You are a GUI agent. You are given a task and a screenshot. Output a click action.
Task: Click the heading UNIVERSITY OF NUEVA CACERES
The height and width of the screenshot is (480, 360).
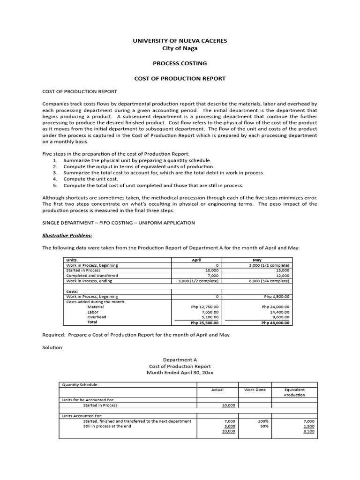[180, 41]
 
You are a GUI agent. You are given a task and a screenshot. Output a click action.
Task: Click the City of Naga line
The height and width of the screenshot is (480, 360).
[180, 48]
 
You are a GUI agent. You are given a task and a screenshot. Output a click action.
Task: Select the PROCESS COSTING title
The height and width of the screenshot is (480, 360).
[180, 63]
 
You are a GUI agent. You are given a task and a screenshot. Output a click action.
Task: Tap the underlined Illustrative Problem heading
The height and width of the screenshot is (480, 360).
[67, 235]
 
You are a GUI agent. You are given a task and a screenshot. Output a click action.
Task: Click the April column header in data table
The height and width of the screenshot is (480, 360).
[196, 260]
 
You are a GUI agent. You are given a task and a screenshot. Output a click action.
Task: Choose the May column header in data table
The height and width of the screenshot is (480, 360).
[257, 260]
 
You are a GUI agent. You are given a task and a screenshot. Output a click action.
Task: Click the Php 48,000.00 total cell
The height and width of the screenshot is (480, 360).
[275, 322]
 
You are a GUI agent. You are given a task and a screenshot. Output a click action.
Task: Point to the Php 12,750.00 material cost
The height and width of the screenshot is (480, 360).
[205, 307]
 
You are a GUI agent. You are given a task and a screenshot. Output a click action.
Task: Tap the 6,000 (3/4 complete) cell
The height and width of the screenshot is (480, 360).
[269, 281]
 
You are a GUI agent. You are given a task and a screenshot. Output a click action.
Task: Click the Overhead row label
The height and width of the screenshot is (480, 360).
[97, 317]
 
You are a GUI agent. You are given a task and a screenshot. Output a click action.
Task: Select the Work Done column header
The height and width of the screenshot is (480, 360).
[255, 390]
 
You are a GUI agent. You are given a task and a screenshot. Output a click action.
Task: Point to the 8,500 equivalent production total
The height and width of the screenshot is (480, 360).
[309, 431]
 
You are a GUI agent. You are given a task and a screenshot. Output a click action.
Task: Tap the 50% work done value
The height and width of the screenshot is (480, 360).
[263, 426]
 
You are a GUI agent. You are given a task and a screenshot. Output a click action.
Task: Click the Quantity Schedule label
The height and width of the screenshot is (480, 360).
[80, 384]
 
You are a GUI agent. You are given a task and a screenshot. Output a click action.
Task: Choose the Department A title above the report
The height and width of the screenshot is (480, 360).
[180, 359]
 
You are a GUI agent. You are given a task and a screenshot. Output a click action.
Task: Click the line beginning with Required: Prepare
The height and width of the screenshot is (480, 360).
[136, 335]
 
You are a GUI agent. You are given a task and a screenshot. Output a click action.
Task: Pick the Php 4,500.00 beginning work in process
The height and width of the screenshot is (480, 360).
[276, 296]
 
